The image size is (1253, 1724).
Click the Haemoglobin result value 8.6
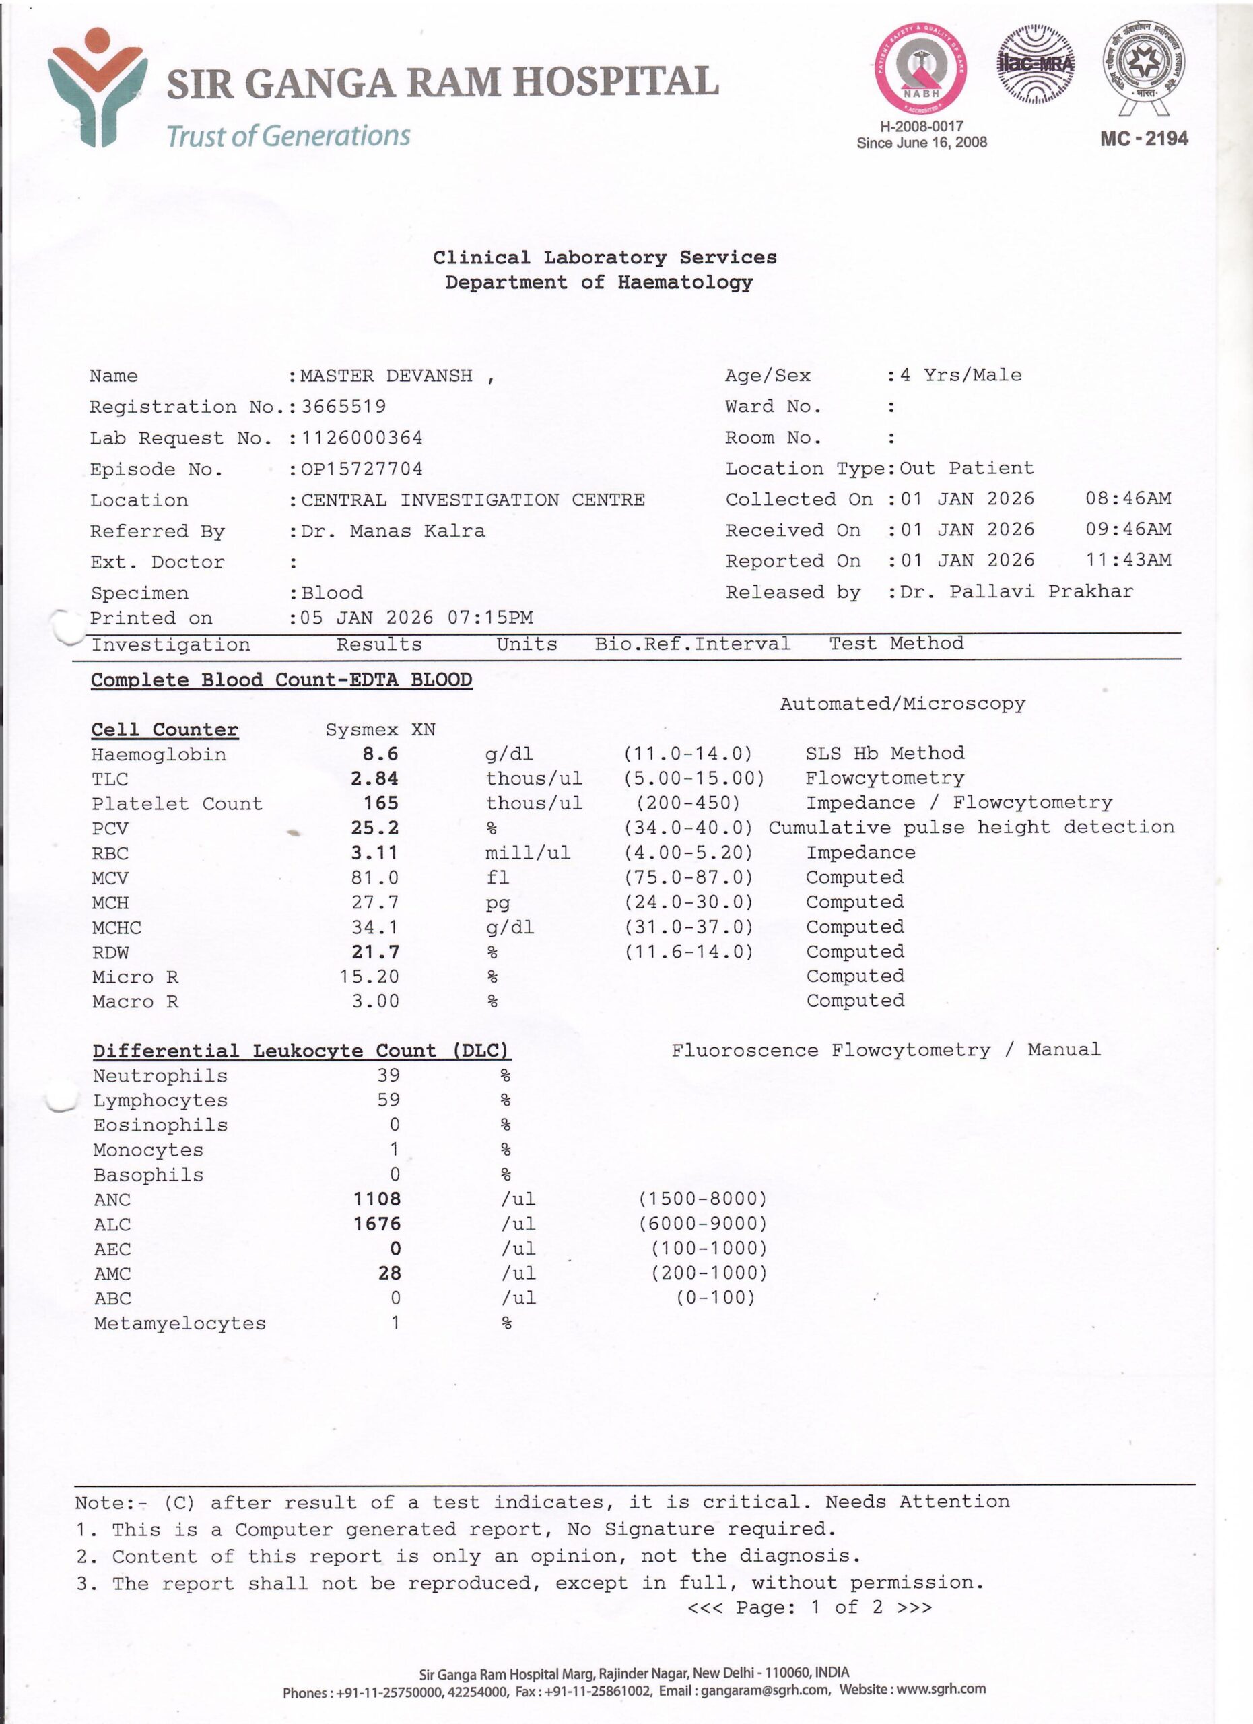(x=380, y=754)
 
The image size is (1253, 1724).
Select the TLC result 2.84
(x=374, y=778)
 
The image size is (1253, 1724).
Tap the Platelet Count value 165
(x=380, y=803)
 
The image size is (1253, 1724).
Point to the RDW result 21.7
(x=374, y=952)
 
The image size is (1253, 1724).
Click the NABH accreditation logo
(x=921, y=69)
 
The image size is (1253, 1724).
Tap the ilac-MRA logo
(x=1035, y=64)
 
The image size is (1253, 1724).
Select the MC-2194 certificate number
(x=1143, y=138)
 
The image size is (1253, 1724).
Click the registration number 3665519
(x=343, y=407)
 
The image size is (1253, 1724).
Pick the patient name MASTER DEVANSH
(x=386, y=376)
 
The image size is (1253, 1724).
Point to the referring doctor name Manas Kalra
(x=416, y=531)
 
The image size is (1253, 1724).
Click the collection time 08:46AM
(x=1128, y=498)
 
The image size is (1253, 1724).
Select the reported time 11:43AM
(x=1128, y=560)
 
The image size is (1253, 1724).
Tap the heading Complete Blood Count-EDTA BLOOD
(x=281, y=679)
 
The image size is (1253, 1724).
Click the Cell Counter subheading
(x=164, y=730)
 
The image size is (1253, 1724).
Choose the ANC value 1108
(x=377, y=1199)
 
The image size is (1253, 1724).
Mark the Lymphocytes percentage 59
(x=388, y=1100)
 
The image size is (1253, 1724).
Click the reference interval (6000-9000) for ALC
(x=702, y=1224)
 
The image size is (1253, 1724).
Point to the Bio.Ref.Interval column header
(x=692, y=644)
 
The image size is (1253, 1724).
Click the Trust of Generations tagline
(x=288, y=136)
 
